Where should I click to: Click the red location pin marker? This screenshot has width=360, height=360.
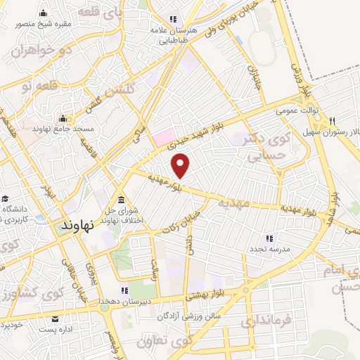(181, 165)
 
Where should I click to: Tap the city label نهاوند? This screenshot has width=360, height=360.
(78, 226)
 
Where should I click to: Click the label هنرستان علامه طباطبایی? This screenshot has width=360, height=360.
(169, 36)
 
